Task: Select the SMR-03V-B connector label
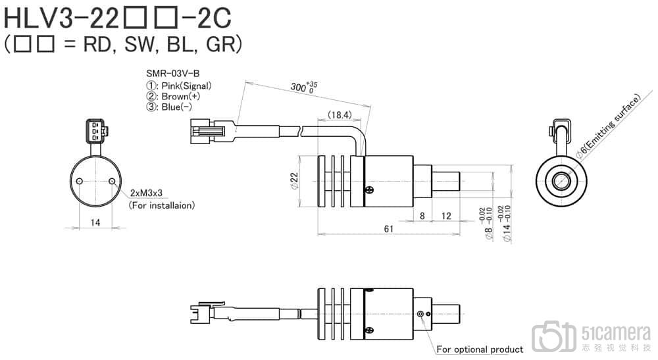tap(172, 74)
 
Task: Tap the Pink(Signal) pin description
tap(179, 86)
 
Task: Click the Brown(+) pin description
tap(173, 96)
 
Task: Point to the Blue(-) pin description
tap(169, 107)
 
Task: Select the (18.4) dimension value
tap(340, 115)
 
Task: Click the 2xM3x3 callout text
tap(146, 193)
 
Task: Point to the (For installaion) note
tap(162, 205)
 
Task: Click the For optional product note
tap(480, 349)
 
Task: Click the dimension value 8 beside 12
tap(422, 216)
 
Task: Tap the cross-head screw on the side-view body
tap(370, 191)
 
